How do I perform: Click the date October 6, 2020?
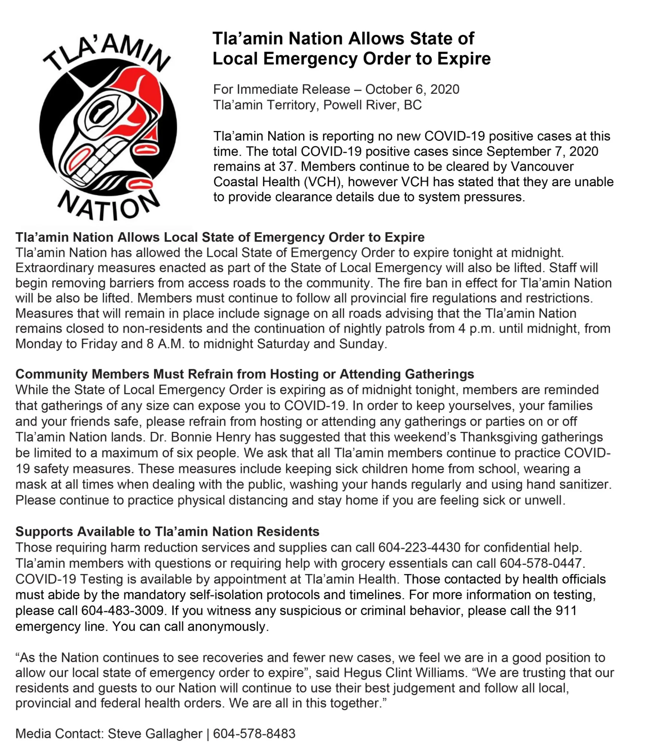[x=412, y=90]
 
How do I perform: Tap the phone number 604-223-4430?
[x=419, y=547]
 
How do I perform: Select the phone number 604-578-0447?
[x=541, y=563]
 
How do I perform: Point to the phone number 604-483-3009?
[x=123, y=610]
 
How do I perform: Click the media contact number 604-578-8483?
[x=254, y=733]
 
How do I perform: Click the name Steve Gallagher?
[x=155, y=733]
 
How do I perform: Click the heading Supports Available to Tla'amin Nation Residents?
[x=167, y=531]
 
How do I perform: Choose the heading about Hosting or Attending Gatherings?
[x=245, y=374]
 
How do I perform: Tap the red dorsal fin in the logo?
[x=145, y=90]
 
